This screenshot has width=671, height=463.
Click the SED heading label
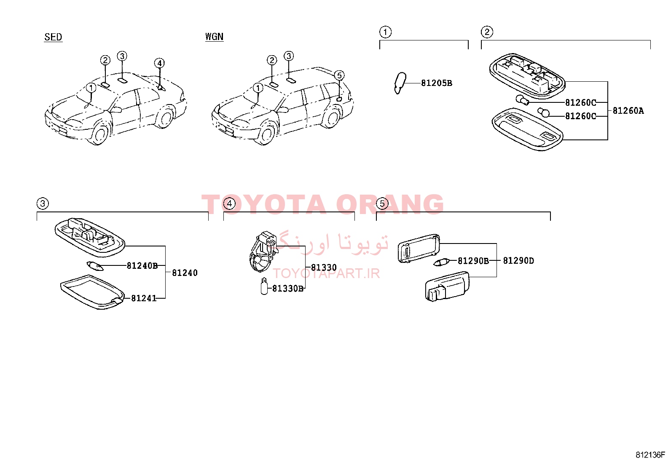point(53,37)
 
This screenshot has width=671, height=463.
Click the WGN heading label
point(214,37)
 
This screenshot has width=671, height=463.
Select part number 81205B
point(437,83)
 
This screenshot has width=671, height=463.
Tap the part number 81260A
point(628,111)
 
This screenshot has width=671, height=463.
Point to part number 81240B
point(142,266)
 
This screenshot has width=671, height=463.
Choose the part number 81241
point(144,298)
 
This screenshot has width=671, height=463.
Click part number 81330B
point(287,289)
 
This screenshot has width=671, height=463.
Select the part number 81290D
point(518,260)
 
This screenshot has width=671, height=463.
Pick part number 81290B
point(473,261)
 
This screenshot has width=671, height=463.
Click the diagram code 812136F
point(650,455)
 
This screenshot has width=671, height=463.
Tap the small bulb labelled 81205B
point(400,83)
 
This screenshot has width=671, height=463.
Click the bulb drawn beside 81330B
point(264,286)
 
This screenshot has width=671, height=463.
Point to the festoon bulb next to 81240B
point(95,266)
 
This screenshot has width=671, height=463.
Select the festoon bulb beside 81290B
point(442,262)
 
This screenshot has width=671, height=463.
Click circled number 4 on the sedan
point(159,63)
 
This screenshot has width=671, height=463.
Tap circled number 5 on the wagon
point(339,75)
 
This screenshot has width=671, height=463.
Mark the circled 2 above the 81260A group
point(487,32)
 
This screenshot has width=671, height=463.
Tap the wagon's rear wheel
point(332,117)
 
